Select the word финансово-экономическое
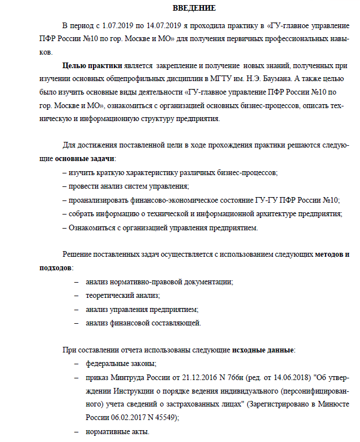pos(168,200)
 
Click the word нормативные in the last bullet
pos(108,431)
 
